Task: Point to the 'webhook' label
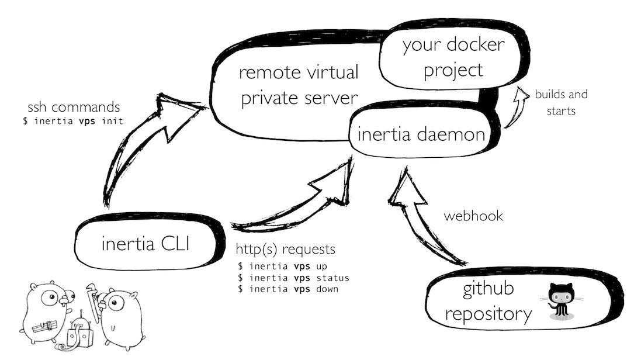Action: [473, 216]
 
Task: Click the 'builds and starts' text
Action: [561, 102]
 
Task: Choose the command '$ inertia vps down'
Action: [287, 289]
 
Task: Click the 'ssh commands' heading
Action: [74, 108]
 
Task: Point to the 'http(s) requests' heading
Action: [286, 250]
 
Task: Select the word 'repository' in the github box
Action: [488, 314]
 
